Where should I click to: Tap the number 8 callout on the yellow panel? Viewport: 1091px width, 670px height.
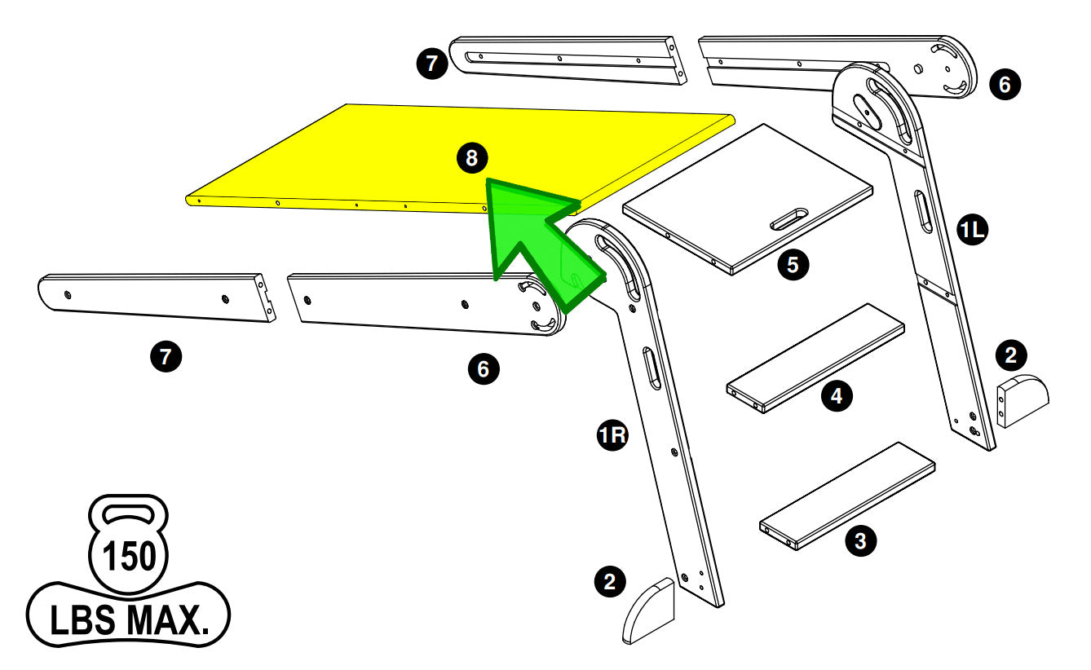471,158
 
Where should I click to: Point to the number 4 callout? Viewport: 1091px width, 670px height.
836,396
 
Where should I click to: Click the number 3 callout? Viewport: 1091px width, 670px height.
860,540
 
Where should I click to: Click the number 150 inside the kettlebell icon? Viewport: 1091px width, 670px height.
128,558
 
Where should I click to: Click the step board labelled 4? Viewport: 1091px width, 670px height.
815,359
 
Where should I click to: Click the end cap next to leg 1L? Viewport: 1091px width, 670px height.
1023,400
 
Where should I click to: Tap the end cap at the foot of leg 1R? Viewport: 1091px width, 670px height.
650,610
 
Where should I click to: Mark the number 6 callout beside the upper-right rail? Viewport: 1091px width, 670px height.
1004,84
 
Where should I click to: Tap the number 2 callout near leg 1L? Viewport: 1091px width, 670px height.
1011,355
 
